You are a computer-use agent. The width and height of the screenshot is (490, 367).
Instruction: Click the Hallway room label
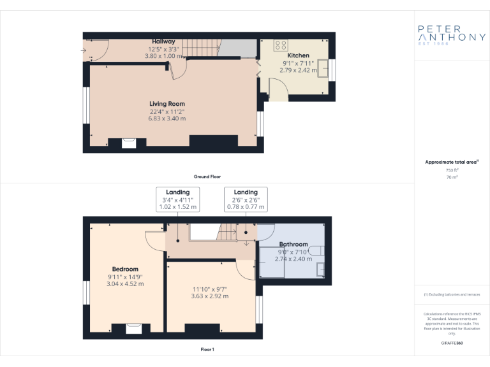coord(163,41)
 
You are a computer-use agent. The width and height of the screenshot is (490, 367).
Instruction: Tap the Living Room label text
coord(167,104)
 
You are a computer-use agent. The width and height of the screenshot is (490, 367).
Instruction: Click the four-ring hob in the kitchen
coord(280,45)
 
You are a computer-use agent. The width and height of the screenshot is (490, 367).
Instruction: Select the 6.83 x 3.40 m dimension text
coord(167,119)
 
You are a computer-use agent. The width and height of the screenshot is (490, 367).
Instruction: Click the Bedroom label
coord(125,269)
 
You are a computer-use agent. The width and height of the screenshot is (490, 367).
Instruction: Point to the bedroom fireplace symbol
coord(133,328)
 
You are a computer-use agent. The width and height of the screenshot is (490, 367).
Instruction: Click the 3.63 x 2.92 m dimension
coord(211,296)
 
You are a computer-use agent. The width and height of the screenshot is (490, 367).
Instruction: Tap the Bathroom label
coord(293,244)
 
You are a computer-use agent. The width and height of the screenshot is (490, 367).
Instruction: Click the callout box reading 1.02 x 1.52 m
coord(178,199)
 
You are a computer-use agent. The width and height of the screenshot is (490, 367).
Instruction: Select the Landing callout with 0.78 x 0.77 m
coord(246,199)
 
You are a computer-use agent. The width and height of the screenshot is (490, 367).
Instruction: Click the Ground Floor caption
coord(207,176)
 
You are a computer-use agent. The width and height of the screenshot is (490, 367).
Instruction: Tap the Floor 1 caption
coord(207,349)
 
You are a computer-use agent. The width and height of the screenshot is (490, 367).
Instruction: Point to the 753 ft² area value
coord(451,170)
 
